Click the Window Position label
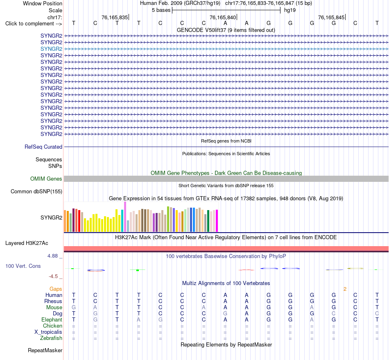43,3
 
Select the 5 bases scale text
161,10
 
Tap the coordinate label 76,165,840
223,17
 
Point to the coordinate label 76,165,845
331,17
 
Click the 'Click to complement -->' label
34,24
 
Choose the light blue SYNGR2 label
51,49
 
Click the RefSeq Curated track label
43,147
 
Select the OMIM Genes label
46,179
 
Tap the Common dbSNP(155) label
36,192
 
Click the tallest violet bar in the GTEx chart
125,217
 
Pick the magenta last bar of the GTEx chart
217,221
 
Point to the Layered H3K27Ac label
27,243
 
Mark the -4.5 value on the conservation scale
53,276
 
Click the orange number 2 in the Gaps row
345,289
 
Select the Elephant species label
52,319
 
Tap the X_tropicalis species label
48,332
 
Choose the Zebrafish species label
51,338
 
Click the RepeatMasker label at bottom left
45,350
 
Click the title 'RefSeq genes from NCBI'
226,141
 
